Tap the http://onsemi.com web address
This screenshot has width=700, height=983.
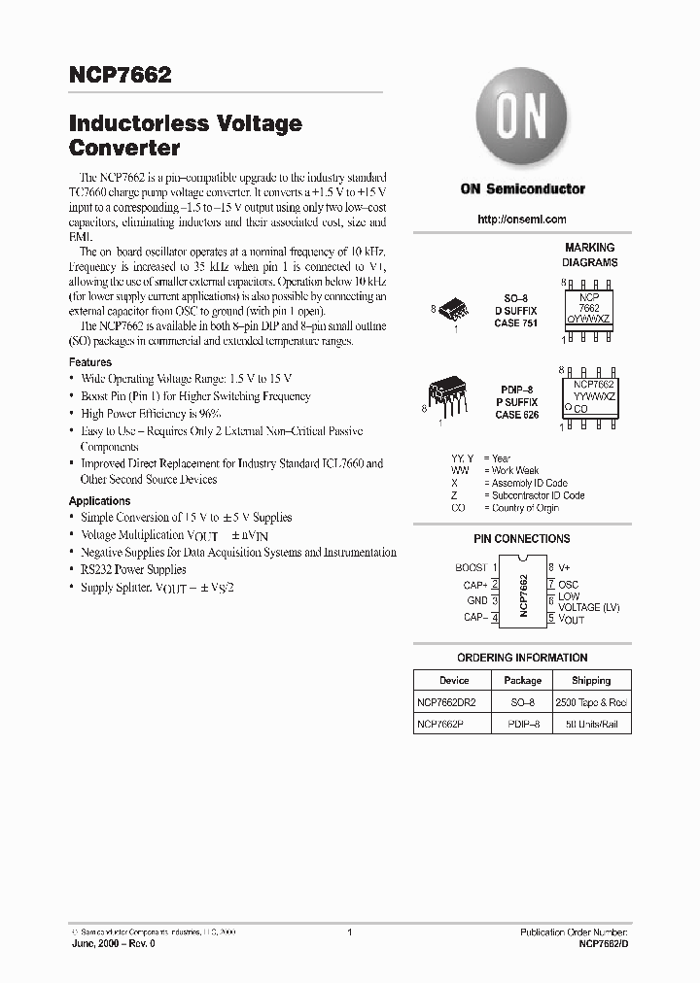(x=522, y=220)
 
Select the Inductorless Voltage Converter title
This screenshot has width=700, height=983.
(x=185, y=136)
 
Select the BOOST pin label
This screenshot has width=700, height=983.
(x=472, y=567)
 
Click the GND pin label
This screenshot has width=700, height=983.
(x=476, y=600)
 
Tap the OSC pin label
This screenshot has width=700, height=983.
(x=568, y=584)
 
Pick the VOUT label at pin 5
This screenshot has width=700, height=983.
(x=572, y=619)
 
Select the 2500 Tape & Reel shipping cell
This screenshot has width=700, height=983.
(x=590, y=702)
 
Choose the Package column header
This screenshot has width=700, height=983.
(x=522, y=680)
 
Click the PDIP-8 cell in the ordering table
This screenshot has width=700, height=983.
(x=522, y=725)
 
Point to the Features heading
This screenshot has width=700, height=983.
(x=89, y=362)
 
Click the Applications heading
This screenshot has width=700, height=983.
(x=99, y=501)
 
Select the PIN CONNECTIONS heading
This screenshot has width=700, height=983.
(x=522, y=538)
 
